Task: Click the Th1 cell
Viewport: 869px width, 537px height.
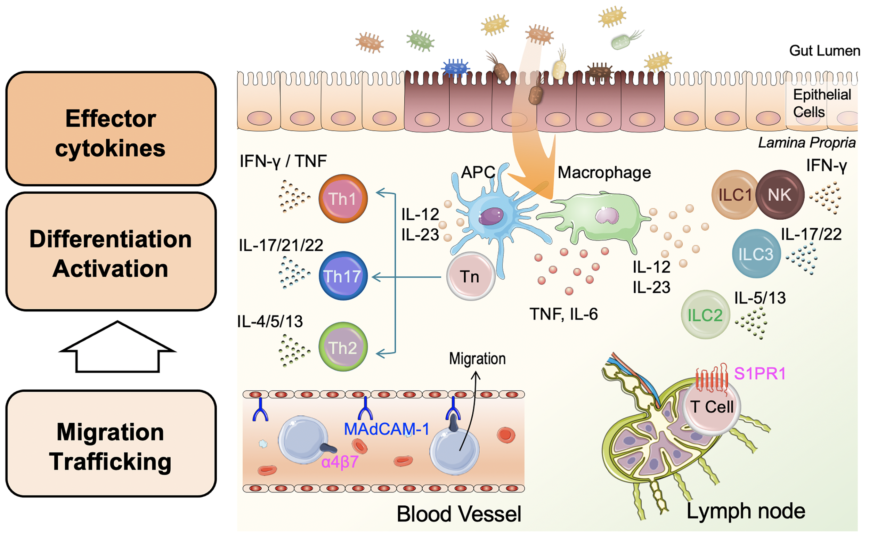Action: click(343, 198)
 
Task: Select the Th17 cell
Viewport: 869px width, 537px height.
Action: click(343, 276)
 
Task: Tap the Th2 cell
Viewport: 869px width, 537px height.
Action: click(343, 347)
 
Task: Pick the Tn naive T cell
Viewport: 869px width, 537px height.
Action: click(471, 276)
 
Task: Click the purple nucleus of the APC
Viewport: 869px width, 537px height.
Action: click(491, 216)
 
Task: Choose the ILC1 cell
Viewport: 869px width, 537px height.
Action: click(735, 195)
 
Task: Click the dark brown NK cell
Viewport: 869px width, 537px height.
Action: click(780, 195)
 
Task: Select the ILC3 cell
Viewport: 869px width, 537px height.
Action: click(756, 254)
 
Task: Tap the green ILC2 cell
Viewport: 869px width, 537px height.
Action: click(705, 315)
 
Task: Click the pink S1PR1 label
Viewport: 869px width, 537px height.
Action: click(760, 374)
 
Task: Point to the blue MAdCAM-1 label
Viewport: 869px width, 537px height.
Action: click(387, 429)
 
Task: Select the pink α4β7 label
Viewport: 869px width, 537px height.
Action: click(340, 462)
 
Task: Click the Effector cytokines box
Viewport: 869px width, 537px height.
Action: click(111, 129)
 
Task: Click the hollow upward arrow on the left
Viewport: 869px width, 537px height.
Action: click(117, 347)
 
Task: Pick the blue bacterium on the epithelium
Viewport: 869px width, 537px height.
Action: click(455, 67)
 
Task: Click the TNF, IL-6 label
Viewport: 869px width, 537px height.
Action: click(563, 314)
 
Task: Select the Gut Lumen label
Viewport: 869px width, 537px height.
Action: click(825, 51)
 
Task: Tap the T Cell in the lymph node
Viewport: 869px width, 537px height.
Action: click(712, 407)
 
